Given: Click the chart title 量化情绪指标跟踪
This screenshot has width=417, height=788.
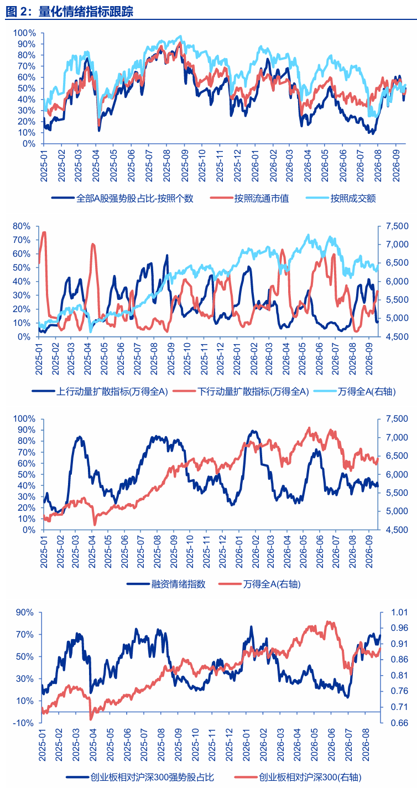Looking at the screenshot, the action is pos(86,12).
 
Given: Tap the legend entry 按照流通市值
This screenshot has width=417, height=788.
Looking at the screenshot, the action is pos(249,199).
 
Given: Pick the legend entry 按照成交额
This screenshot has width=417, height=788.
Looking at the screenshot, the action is pos(341,199).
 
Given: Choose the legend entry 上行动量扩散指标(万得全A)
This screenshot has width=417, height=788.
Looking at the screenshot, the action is pos(100,392).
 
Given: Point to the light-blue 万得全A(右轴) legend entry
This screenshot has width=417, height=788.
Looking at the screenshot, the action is pos(355,392).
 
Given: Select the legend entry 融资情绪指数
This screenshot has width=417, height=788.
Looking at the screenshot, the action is pos(166,584).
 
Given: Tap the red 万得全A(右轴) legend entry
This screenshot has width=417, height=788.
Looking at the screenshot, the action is pos(259,584).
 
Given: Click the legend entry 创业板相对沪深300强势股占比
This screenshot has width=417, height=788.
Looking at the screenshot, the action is pos(139,777).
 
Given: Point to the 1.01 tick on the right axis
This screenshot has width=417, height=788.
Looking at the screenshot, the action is pos(399,613).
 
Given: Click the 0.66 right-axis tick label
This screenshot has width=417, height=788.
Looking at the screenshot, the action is pos(399,723).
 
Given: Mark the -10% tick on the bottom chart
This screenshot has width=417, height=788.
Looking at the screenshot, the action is pos(23,723).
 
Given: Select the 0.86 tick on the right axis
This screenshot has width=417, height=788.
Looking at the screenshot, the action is pos(399,660).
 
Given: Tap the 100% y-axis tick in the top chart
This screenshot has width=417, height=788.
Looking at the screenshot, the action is pos(24,33).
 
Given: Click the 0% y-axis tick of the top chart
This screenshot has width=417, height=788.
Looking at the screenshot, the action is pos(29,144).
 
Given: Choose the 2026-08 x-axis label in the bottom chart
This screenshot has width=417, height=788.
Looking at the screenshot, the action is pos(366,745).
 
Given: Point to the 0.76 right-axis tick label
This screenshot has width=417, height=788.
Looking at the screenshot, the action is pos(399,691).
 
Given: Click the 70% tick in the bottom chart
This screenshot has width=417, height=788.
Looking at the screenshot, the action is pos(25,635).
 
